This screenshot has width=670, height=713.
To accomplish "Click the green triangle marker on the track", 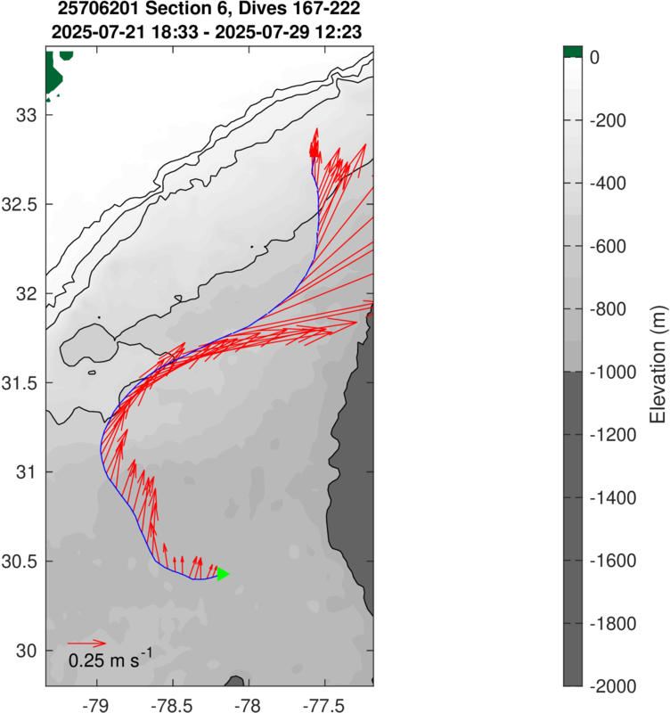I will pyautogui.click(x=223, y=574).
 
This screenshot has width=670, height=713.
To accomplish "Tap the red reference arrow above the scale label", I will pyautogui.click(x=86, y=643).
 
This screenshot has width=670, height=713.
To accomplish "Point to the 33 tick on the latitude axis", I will pyautogui.click(x=27, y=115).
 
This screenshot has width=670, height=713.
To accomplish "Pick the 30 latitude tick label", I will pyautogui.click(x=27, y=650).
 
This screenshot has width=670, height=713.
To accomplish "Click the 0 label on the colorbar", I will pyautogui.click(x=594, y=57).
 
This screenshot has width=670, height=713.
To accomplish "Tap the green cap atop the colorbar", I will pyautogui.click(x=572, y=52).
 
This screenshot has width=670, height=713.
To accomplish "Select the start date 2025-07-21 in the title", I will pyautogui.click(x=100, y=33).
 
